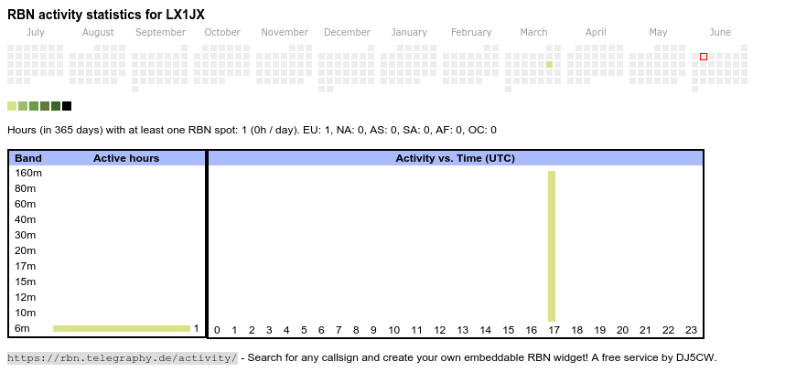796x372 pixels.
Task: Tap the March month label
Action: coord(533,33)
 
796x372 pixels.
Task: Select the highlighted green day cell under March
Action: coord(549,64)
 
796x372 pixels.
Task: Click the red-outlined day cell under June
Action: coord(704,57)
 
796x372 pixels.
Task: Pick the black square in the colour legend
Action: coord(67,106)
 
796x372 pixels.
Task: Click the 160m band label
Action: coord(27,173)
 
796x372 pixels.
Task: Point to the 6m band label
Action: coord(23,328)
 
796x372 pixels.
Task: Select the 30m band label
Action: coord(25,235)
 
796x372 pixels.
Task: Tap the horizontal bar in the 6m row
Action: coord(121,328)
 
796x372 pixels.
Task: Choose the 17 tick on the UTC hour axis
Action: coord(554,331)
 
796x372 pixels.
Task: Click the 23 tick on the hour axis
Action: coord(691,331)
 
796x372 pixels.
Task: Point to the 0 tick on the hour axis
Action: coord(217,331)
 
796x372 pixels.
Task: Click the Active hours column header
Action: coord(126,158)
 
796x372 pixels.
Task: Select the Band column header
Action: coord(28,158)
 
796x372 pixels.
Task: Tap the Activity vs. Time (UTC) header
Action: coord(455,158)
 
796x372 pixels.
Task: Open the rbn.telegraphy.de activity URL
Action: coord(122,357)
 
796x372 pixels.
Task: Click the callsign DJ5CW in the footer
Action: coord(696,357)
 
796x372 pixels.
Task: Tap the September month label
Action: coord(160,33)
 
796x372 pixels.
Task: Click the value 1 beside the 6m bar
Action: coord(196,328)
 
